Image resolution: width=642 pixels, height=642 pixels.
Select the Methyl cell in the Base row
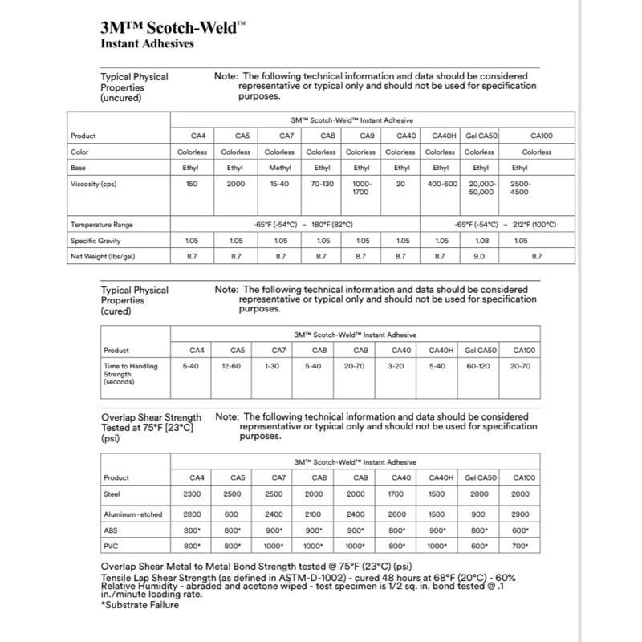(280, 168)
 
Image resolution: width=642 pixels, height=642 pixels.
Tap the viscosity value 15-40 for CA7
(280, 184)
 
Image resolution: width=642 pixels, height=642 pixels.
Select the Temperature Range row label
(101, 224)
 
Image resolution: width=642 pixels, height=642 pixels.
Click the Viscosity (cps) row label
(93, 184)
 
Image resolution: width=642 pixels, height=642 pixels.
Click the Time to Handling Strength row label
(130, 370)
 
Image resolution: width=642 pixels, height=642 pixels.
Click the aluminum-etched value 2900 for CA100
(520, 514)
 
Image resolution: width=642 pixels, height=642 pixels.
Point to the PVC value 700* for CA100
(520, 546)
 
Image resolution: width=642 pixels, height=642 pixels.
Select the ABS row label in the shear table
(111, 530)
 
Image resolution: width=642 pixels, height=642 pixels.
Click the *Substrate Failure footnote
(140, 605)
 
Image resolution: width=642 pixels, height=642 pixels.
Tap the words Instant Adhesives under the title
(147, 44)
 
